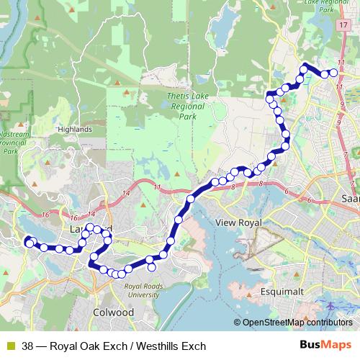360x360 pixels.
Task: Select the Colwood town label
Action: pos(114,312)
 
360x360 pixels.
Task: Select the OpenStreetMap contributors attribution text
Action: pos(297,322)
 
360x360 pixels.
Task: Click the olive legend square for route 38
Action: pos(9,346)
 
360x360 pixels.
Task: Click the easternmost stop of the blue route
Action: pos(333,73)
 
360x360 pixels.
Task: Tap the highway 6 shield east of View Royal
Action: pos(287,191)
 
